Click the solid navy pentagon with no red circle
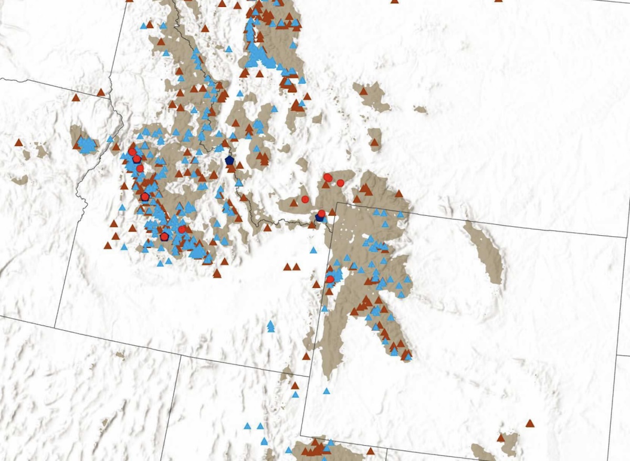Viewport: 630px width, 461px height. [x=229, y=160]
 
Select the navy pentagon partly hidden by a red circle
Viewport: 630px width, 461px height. [x=319, y=217]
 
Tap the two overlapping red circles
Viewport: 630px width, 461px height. [x=328, y=177]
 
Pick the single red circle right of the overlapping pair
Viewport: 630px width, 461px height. [x=340, y=183]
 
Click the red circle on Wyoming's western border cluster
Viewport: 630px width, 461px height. [x=330, y=279]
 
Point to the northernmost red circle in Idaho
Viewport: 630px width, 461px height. [x=132, y=152]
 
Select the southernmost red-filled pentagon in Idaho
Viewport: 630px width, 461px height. [x=164, y=236]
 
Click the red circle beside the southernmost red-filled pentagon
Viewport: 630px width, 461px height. [x=182, y=229]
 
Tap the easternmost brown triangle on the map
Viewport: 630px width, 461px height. [x=530, y=423]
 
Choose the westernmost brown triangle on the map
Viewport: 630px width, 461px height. [x=19, y=142]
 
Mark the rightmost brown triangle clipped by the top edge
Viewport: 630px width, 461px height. [x=498, y=1]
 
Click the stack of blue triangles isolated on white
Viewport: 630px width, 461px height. [x=270, y=327]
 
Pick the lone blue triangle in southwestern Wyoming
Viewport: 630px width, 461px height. [x=327, y=391]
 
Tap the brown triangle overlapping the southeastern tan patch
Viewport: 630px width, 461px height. [x=501, y=437]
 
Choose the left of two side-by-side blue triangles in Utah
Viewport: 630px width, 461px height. [x=247, y=426]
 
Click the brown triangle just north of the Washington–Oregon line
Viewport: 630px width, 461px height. [x=76, y=97]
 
